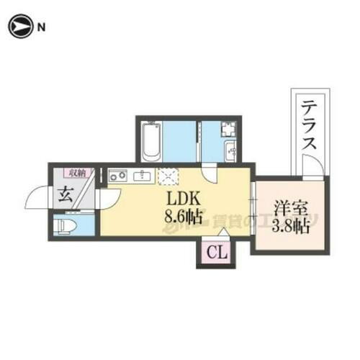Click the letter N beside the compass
coord(41,28)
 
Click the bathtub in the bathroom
coord(152,142)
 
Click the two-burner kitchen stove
coord(118,176)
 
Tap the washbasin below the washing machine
coord(231,152)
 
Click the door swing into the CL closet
coord(220,234)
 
